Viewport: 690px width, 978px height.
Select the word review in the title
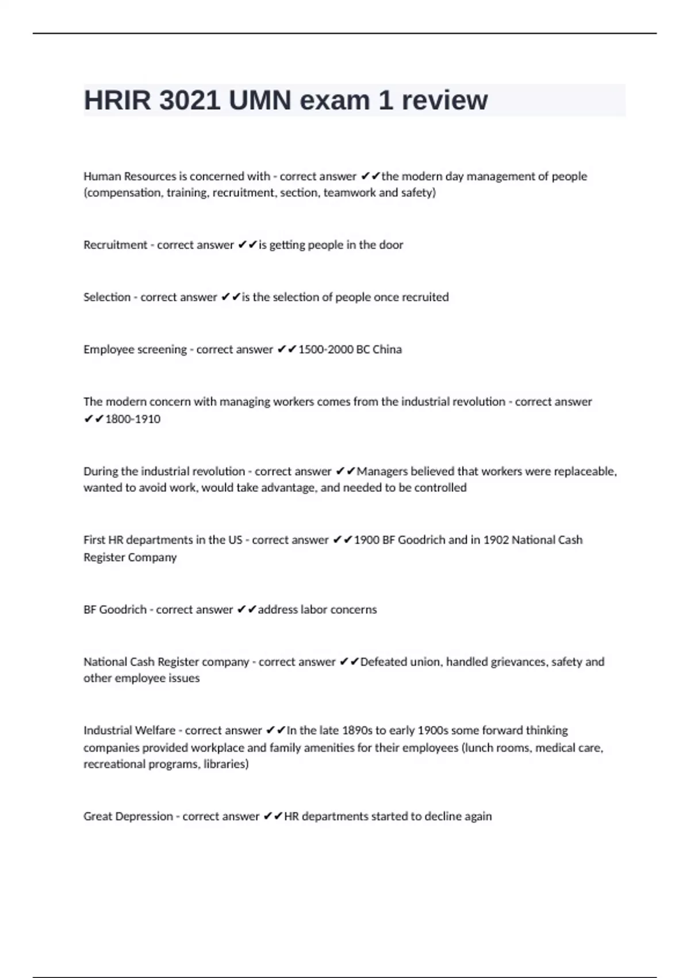444,101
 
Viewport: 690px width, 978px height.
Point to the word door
391,245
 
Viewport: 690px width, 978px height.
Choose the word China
387,350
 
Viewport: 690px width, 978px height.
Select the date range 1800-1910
133,419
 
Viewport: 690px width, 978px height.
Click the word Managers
381,472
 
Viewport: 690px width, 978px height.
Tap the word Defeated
384,662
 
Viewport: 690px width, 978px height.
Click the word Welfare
152,731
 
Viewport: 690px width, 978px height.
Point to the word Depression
145,816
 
